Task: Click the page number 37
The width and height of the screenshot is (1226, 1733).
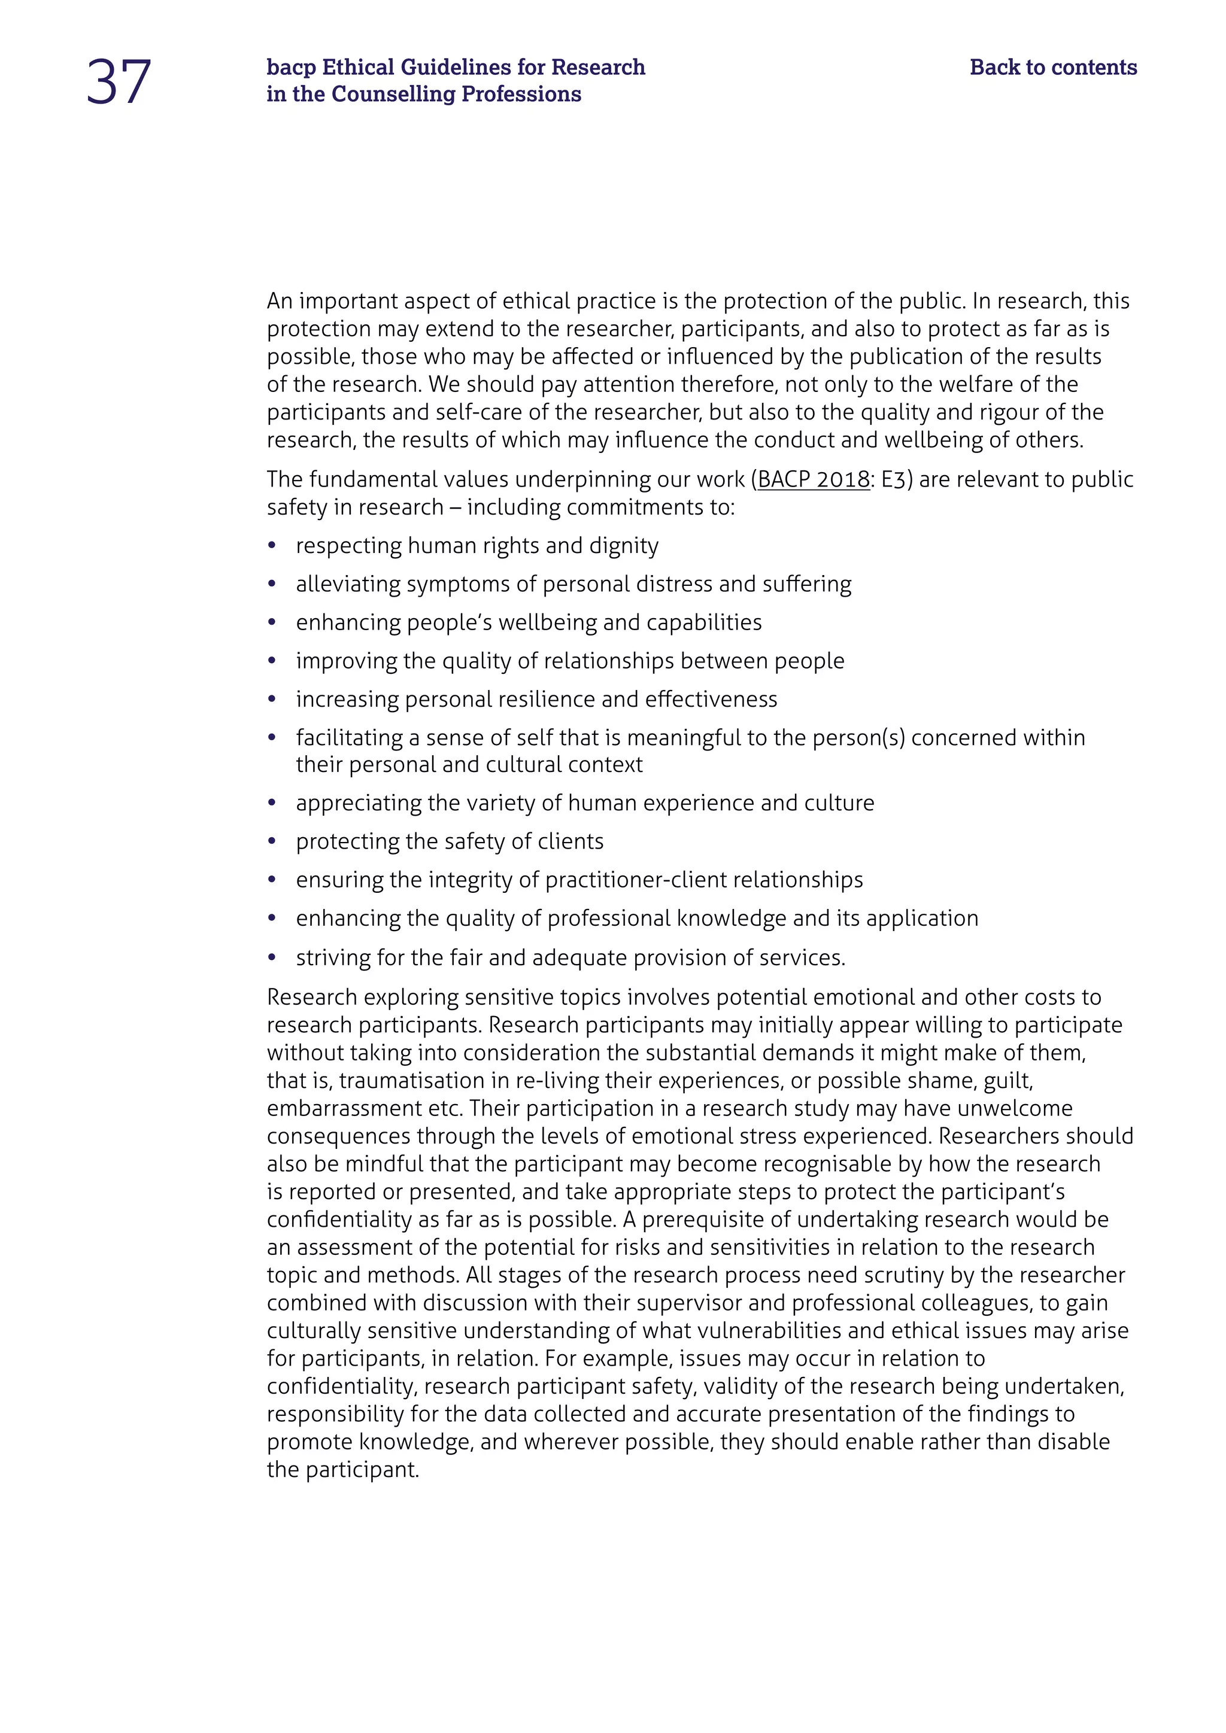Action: (x=119, y=81)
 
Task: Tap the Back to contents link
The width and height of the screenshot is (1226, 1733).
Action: (x=1052, y=67)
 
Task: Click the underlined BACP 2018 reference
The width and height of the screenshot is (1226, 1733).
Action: (x=813, y=479)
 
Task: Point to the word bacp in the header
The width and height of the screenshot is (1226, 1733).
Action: (x=291, y=68)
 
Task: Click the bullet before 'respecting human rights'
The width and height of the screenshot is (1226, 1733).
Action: (x=272, y=546)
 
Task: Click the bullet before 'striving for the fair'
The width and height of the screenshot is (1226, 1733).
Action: (x=272, y=958)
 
